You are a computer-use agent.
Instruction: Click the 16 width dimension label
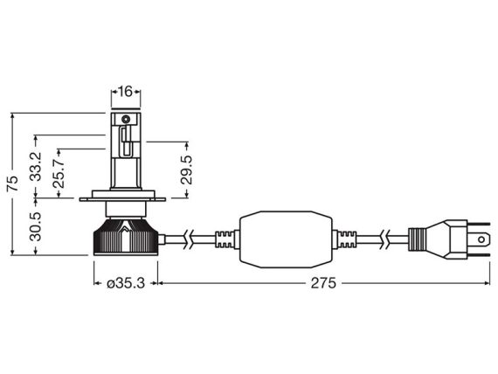coord(126,92)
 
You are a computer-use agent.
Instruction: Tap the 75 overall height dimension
coord(13,184)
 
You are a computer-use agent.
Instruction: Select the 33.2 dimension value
coord(37,167)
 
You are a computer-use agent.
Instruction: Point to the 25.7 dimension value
coord(59,173)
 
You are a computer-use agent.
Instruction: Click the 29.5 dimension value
coord(186,170)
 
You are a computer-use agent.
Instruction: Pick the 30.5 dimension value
coord(36,226)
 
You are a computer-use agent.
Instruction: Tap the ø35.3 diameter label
coord(126,283)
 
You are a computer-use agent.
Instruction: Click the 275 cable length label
coord(323,283)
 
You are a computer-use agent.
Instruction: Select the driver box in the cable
coord(286,239)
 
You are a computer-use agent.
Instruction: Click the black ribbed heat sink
coord(126,237)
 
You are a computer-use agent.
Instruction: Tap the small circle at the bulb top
coord(126,120)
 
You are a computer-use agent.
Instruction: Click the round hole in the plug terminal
coord(481,239)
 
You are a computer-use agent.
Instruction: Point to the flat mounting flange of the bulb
coord(122,199)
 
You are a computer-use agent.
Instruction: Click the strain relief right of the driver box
coord(344,239)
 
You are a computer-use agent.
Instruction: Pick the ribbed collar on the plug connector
coord(417,239)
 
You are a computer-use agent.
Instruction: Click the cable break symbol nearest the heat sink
coord(188,239)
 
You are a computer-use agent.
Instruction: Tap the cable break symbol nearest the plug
coord(385,239)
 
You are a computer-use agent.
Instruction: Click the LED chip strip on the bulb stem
coord(126,142)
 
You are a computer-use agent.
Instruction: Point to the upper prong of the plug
coord(479,224)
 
